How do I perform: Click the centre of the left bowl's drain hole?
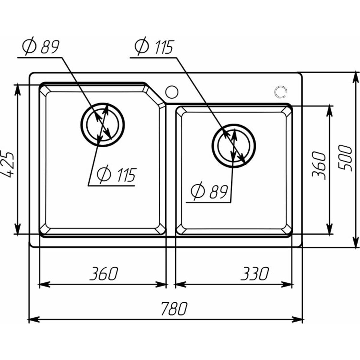pyautogui.click(x=103, y=124)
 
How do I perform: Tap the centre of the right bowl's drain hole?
pyautogui.click(x=234, y=146)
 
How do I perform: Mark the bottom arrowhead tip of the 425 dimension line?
pyautogui.click(x=18, y=234)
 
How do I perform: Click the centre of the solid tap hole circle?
pyautogui.click(x=172, y=92)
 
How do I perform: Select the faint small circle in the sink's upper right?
pyautogui.click(x=281, y=92)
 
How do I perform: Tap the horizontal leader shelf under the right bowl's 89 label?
pyautogui.click(x=208, y=202)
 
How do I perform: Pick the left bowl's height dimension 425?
pyautogui.click(x=8, y=162)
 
